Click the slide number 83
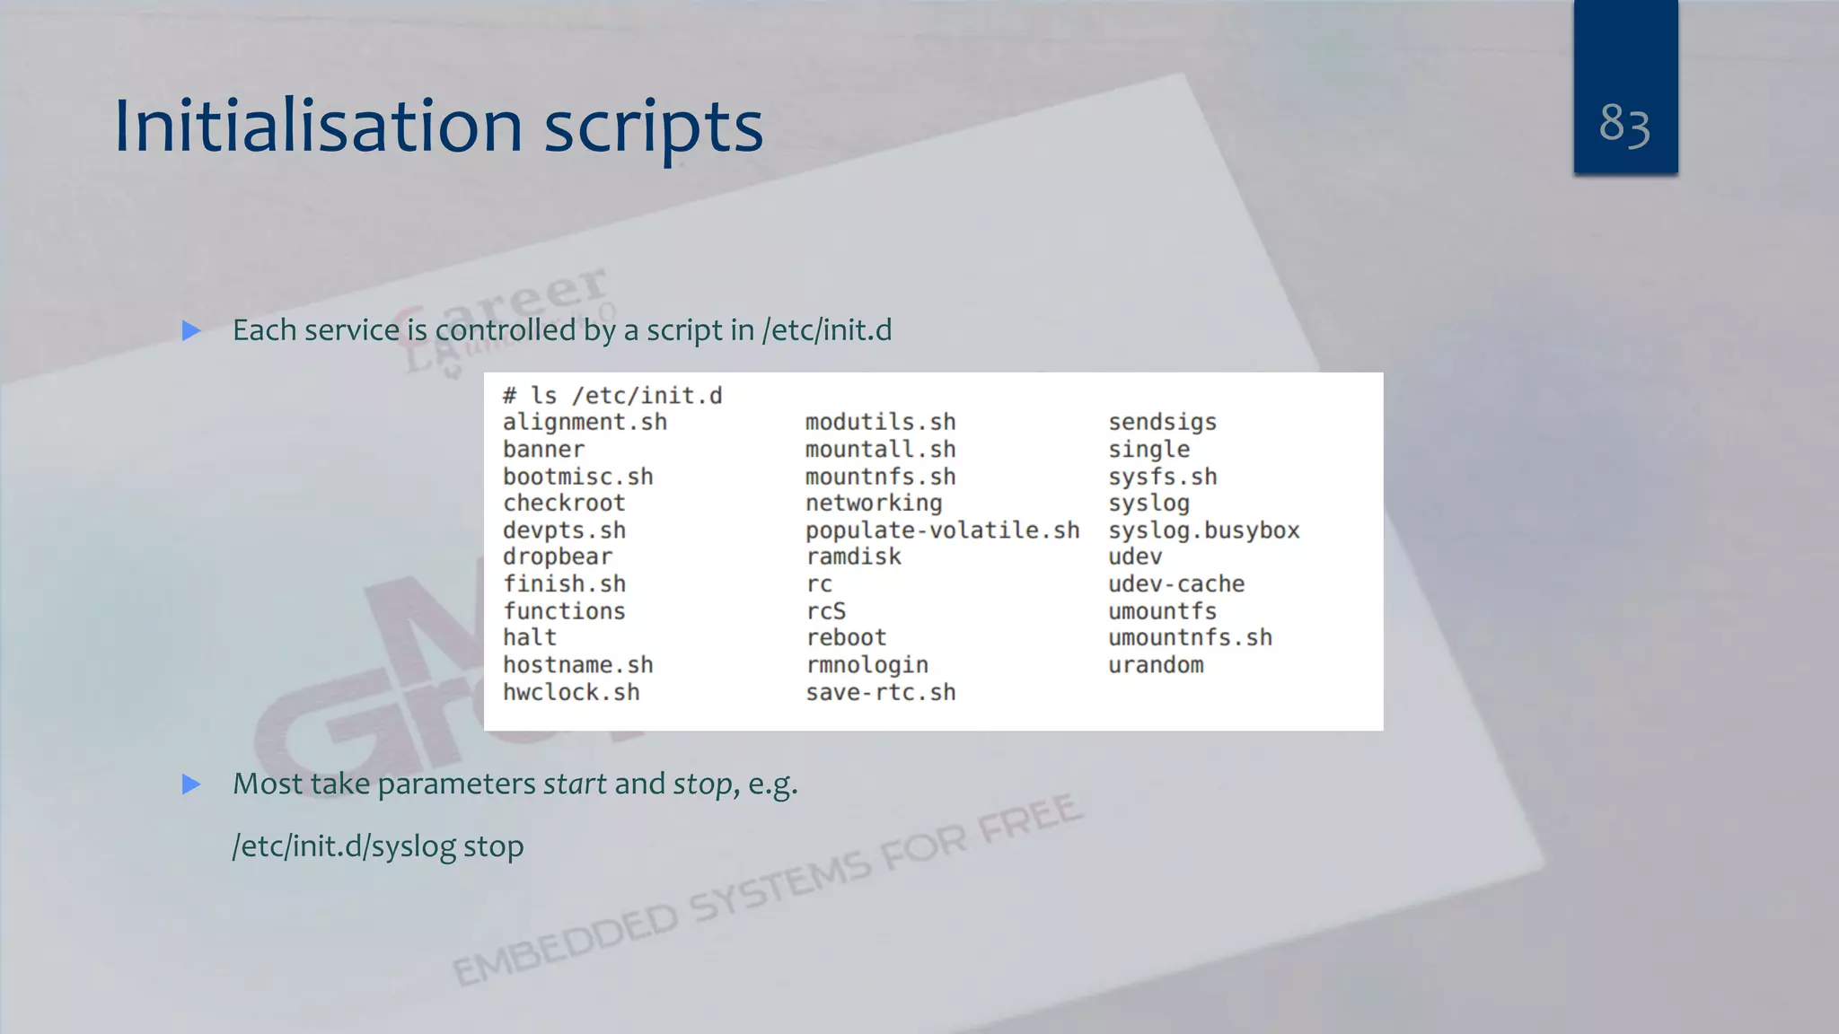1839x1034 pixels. (x=1624, y=124)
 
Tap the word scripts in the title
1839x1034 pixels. (x=654, y=127)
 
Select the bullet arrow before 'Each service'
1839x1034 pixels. (x=191, y=331)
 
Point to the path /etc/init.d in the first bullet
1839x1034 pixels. (x=826, y=330)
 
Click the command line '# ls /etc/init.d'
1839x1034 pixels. (x=612, y=396)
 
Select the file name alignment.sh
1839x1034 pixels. (x=585, y=423)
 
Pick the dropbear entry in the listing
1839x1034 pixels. (x=557, y=557)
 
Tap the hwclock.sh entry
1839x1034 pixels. (x=571, y=693)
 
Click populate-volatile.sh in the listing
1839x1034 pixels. (x=942, y=530)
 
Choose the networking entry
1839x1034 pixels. (x=874, y=504)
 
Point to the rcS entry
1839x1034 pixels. (x=825, y=611)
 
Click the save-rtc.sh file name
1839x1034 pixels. (x=880, y=693)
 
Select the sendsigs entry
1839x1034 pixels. (x=1162, y=423)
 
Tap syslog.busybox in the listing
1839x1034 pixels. (x=1203, y=530)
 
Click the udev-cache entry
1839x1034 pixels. (x=1176, y=584)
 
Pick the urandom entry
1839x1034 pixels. (x=1156, y=665)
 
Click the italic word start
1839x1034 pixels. (x=575, y=784)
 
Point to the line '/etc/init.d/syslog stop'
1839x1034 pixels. (x=378, y=846)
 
